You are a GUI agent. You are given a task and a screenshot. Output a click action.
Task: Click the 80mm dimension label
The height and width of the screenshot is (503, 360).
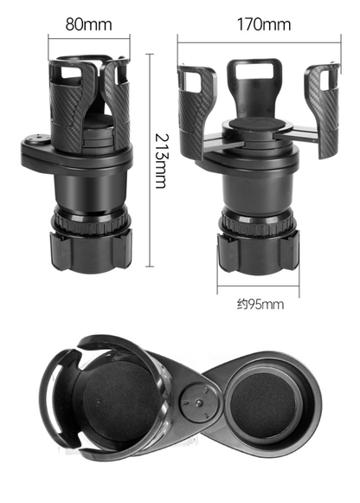click(x=89, y=23)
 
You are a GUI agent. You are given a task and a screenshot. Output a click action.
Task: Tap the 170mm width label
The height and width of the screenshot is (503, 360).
click(x=264, y=23)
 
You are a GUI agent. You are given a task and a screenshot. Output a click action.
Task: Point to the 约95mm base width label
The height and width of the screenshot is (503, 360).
click(x=260, y=304)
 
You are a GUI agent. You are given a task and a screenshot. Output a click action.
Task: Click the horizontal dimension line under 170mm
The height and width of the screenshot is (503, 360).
click(x=260, y=37)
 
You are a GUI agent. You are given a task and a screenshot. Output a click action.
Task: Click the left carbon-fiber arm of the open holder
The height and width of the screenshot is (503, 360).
click(x=196, y=108)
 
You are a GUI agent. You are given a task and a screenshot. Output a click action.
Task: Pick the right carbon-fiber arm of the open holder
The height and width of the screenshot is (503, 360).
click(x=321, y=108)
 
